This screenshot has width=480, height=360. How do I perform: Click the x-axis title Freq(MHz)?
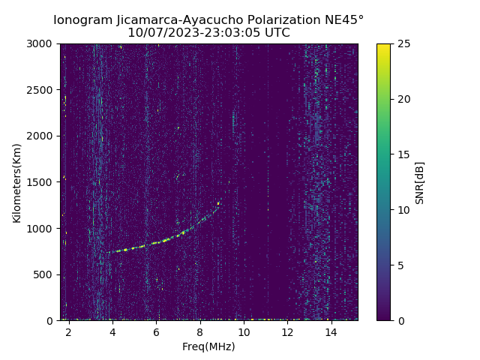click(208, 346)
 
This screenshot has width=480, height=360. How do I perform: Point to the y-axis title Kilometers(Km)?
click(17, 182)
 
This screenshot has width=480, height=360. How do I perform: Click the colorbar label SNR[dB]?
click(420, 182)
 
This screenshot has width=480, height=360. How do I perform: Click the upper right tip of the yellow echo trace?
click(219, 202)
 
